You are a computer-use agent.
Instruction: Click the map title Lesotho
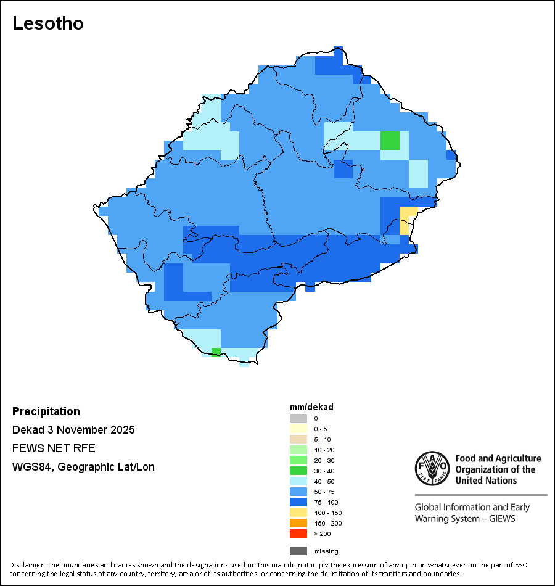click(48, 23)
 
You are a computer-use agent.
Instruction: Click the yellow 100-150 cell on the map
click(405, 220)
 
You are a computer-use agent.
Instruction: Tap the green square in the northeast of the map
click(390, 141)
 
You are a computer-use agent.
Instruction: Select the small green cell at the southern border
click(216, 352)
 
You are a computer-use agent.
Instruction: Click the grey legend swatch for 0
click(298, 418)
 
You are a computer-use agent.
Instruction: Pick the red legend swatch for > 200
click(298, 534)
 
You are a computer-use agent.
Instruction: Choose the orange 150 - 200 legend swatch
click(298, 523)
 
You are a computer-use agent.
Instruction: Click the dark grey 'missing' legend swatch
click(298, 551)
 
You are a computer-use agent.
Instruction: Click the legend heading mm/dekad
click(311, 407)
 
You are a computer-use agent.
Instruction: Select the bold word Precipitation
click(46, 411)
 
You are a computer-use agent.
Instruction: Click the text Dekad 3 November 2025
click(73, 430)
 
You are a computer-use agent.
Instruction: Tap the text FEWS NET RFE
click(54, 448)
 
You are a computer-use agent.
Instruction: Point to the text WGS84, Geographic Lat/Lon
click(83, 467)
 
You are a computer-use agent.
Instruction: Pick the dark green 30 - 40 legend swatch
click(298, 471)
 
